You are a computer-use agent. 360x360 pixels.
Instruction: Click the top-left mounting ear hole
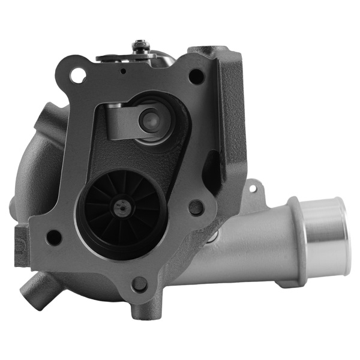77,76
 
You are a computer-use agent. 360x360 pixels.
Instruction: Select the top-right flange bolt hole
196,76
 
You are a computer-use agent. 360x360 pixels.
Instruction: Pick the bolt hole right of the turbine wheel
196,208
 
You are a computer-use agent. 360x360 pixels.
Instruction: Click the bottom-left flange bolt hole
53,238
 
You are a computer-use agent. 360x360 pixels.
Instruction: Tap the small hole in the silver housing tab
252,188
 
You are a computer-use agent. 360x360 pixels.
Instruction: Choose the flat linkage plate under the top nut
120,57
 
